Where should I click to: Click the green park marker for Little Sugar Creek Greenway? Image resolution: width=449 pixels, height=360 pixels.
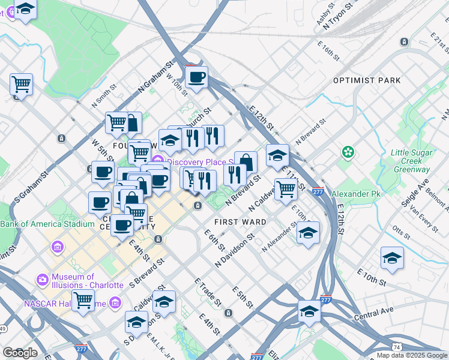(347, 153)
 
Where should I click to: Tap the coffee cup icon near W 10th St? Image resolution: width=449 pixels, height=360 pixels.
(196, 77)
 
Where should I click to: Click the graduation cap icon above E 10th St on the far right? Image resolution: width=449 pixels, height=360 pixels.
(392, 258)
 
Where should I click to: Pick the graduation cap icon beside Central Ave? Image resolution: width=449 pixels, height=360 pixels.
(309, 311)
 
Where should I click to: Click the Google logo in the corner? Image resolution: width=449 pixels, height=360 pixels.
(20, 353)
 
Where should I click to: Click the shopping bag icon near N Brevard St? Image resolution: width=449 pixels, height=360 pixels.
(246, 161)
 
